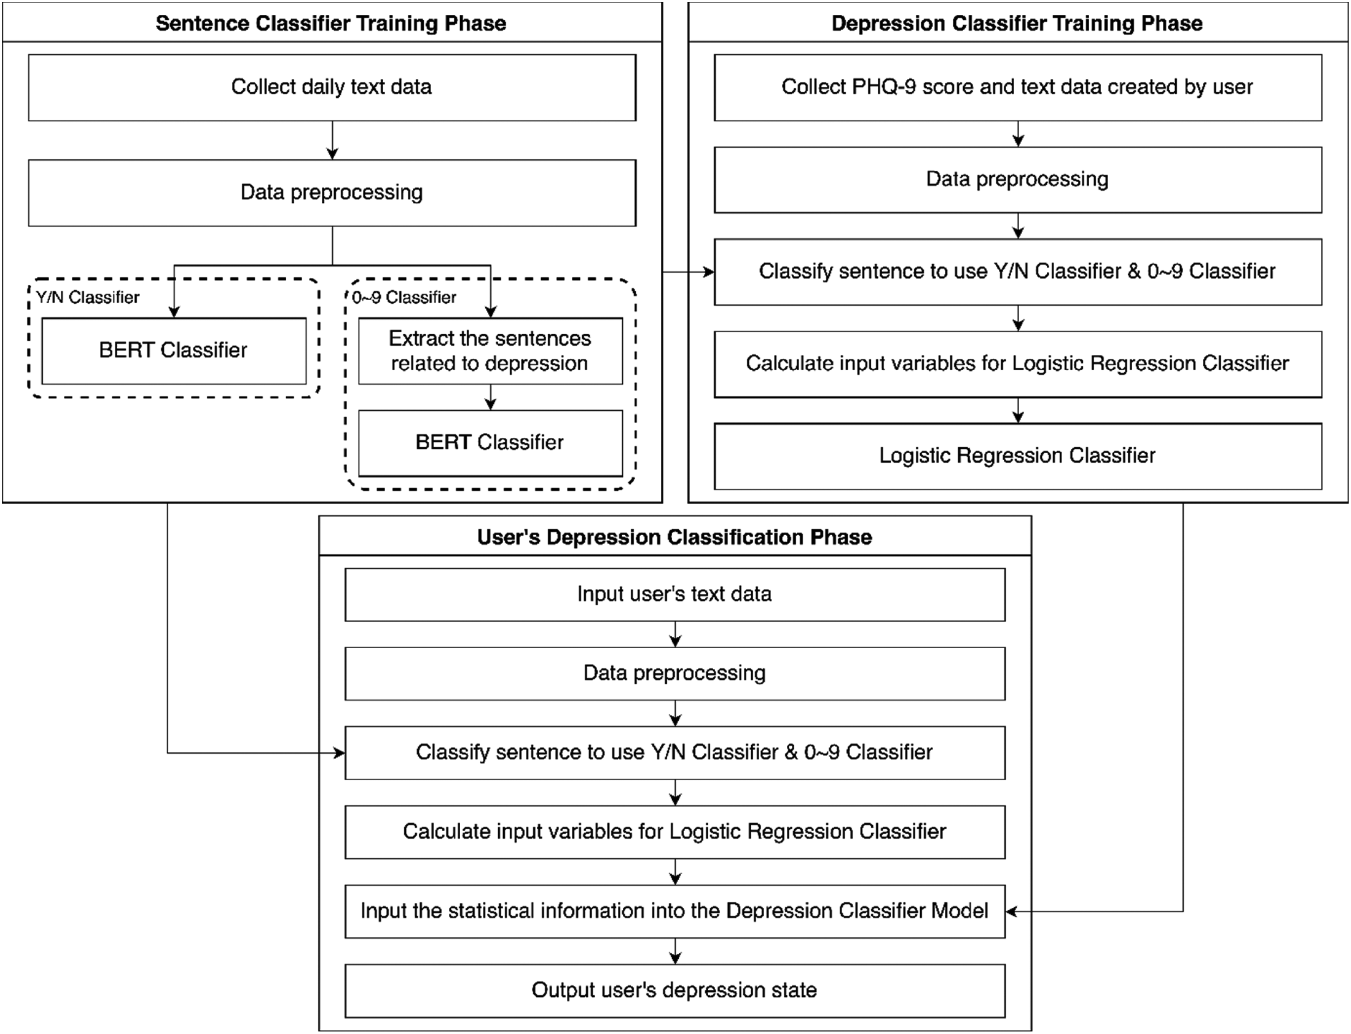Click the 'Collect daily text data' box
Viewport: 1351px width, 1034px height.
pyautogui.click(x=332, y=87)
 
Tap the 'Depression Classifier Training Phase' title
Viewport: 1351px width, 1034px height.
pyautogui.click(x=1017, y=23)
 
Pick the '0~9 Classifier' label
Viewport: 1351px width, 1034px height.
pyautogui.click(x=404, y=297)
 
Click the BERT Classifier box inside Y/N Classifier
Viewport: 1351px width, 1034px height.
pyautogui.click(x=174, y=351)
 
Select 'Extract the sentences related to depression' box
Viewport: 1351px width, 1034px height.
pyautogui.click(x=490, y=351)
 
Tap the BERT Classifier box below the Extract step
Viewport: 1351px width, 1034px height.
pyautogui.click(x=490, y=443)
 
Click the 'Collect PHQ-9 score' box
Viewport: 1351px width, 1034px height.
pyautogui.click(x=1018, y=87)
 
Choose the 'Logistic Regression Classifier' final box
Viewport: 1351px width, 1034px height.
pyautogui.click(x=1018, y=456)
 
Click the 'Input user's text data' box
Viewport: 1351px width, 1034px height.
pyautogui.click(x=675, y=594)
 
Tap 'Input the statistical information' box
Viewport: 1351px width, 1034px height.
pyautogui.click(x=675, y=912)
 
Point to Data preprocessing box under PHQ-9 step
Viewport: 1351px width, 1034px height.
pyautogui.click(x=1018, y=180)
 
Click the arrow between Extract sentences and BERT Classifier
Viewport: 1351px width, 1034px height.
pyautogui.click(x=490, y=397)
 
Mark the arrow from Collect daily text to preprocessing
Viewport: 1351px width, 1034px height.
pyautogui.click(x=332, y=140)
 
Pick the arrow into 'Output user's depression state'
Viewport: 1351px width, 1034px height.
pyautogui.click(x=675, y=951)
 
